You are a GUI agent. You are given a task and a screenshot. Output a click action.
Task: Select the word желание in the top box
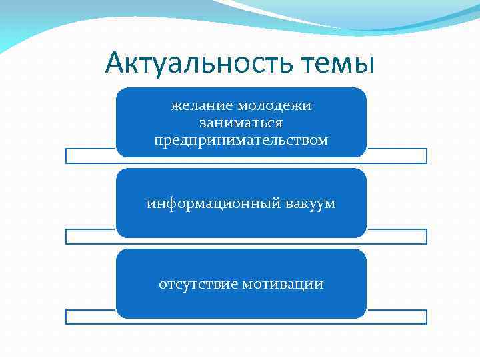point(196,106)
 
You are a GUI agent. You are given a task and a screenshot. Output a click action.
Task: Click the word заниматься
point(241,123)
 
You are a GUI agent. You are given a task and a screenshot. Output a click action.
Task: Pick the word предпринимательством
point(241,141)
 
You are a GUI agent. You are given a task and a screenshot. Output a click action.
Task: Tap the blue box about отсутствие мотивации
point(241,303)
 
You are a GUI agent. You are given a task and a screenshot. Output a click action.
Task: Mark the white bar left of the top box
point(90,156)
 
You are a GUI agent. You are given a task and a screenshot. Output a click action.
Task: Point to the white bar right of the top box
point(397,156)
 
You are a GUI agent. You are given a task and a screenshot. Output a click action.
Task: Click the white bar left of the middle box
point(90,237)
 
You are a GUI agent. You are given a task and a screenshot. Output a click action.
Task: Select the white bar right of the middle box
point(397,237)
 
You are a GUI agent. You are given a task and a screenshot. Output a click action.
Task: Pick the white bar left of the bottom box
point(90,317)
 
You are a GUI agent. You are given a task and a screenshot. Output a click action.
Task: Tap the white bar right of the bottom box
point(397,317)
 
